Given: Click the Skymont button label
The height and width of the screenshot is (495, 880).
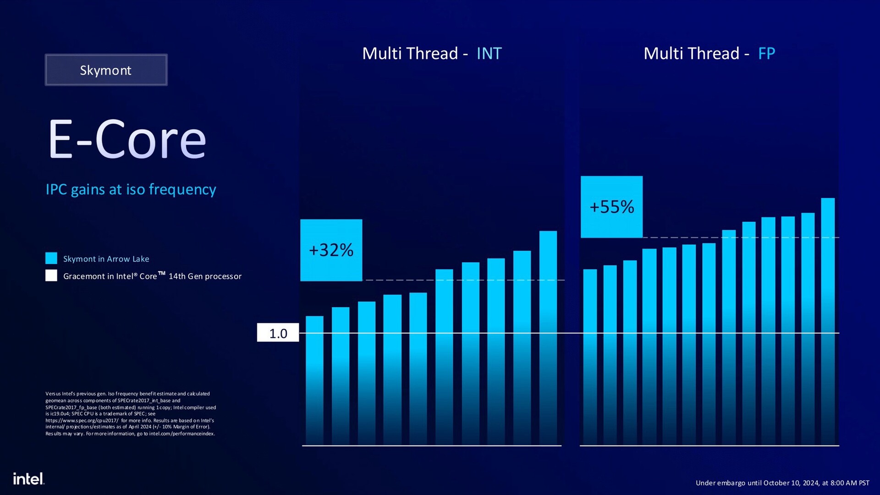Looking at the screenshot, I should (105, 70).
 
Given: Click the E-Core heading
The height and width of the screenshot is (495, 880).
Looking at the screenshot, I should (127, 140).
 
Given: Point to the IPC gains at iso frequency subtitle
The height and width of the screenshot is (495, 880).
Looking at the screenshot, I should (131, 189).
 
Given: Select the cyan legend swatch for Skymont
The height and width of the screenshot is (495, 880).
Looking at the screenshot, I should (51, 258).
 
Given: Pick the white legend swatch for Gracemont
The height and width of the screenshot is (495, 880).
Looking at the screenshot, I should (51, 275).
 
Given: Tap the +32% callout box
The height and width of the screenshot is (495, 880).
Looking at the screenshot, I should (331, 250).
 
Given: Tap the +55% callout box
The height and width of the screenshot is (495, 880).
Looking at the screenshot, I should (611, 207).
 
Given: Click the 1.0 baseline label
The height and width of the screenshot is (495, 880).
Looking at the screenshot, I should (278, 333).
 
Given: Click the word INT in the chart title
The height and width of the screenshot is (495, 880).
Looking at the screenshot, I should (489, 54).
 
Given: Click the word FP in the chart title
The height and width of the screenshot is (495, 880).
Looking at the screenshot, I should (766, 54).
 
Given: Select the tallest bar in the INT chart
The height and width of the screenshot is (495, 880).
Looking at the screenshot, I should (548, 339).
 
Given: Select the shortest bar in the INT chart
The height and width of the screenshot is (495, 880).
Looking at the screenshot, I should (314, 380).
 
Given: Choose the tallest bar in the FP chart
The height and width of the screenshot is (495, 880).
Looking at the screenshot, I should (828, 321).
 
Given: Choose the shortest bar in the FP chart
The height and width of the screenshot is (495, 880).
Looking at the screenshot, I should (590, 357).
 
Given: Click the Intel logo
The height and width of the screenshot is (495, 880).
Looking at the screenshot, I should (28, 478).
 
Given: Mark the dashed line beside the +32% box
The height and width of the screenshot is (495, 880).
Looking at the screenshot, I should (463, 280).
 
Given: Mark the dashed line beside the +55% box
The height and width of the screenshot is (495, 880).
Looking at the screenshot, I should (741, 237).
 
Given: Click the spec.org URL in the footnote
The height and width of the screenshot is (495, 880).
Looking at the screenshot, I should (82, 420).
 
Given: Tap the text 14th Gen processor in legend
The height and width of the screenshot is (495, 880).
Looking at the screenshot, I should (205, 276).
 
